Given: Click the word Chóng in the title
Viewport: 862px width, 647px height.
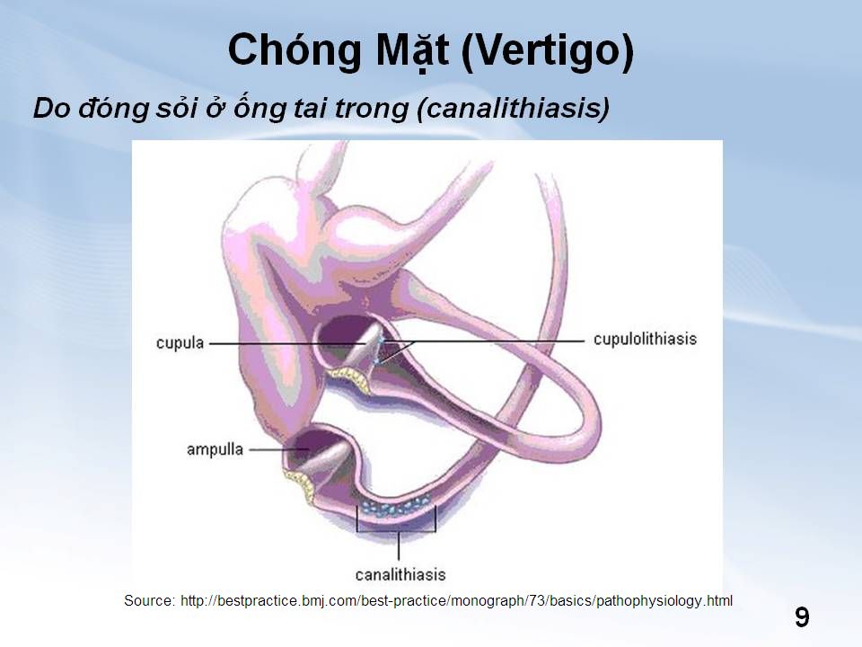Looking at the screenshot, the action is click(295, 50).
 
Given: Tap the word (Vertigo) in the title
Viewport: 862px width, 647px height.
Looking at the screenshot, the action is click(547, 50).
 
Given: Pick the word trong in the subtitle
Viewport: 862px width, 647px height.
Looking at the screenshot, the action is click(371, 109).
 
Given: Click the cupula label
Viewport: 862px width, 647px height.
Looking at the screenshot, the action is click(180, 342).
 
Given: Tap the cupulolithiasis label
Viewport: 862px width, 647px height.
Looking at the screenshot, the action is click(645, 339).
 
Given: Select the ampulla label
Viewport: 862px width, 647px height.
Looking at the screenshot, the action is click(215, 449).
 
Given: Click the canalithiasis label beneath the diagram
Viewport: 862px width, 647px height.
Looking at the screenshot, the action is click(400, 575).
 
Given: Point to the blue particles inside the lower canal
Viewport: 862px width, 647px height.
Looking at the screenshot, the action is click(396, 506).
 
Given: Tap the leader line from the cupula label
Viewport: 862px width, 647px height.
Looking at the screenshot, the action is click(287, 343).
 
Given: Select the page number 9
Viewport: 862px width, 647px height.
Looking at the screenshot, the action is click(802, 617).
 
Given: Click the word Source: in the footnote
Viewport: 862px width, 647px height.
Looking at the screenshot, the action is click(150, 600).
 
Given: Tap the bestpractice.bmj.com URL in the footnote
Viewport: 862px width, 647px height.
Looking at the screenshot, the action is click(456, 600).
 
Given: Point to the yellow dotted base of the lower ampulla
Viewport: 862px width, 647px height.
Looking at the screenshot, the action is click(300, 483).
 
